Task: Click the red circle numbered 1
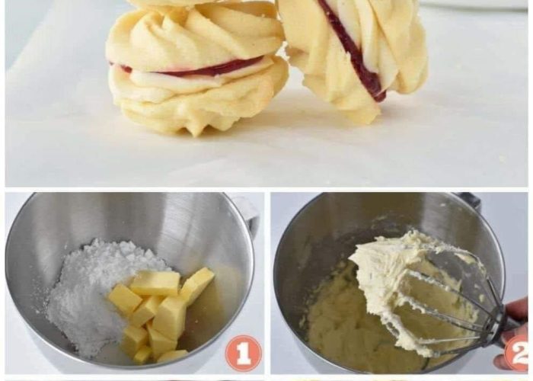244,353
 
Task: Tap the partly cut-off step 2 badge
518,353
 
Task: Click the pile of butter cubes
160,313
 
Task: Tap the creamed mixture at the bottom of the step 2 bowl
343,327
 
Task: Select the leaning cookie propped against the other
353,54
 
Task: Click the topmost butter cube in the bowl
155,283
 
